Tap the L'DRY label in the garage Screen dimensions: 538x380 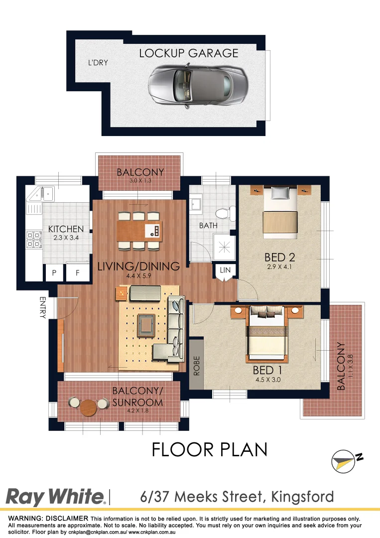coord(98,63)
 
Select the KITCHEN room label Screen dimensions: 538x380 coord(66,229)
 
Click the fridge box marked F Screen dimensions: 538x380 coord(78,272)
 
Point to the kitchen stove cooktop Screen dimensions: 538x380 coord(33,239)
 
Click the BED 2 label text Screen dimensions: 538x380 coord(279,257)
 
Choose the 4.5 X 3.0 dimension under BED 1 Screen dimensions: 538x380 coord(267,383)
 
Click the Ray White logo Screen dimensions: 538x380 coord(55,497)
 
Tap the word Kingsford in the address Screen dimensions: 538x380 coord(302,497)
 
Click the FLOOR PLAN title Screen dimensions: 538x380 coord(209,449)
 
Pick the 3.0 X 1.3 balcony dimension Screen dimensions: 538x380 coord(140,181)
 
